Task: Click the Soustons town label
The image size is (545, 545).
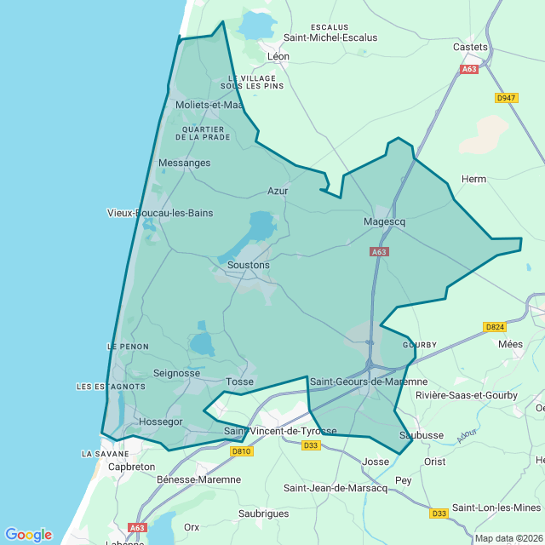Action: (x=249, y=265)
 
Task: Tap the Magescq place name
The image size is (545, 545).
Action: (x=384, y=221)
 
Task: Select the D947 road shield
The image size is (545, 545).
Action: (x=506, y=98)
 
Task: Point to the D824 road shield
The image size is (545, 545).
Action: (x=494, y=327)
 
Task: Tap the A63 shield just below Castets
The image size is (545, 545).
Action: (x=469, y=69)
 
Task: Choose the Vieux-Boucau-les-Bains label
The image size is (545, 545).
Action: (x=160, y=213)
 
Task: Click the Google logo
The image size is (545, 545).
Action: (x=28, y=535)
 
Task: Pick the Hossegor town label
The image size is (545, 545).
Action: (x=160, y=422)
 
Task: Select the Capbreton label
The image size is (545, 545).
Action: (x=132, y=467)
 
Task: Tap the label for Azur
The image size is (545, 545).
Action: (x=278, y=191)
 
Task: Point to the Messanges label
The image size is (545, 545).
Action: (x=184, y=163)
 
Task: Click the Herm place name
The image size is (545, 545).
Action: (x=473, y=179)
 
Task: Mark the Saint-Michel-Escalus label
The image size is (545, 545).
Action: (x=330, y=37)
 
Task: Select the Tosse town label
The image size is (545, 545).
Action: (x=240, y=381)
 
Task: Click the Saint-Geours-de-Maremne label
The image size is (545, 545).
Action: (x=369, y=381)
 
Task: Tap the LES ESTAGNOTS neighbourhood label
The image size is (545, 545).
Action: (x=111, y=387)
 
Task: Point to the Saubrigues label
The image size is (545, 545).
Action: (x=263, y=514)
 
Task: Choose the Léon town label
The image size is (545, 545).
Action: (x=278, y=56)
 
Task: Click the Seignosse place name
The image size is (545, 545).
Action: (x=176, y=373)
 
